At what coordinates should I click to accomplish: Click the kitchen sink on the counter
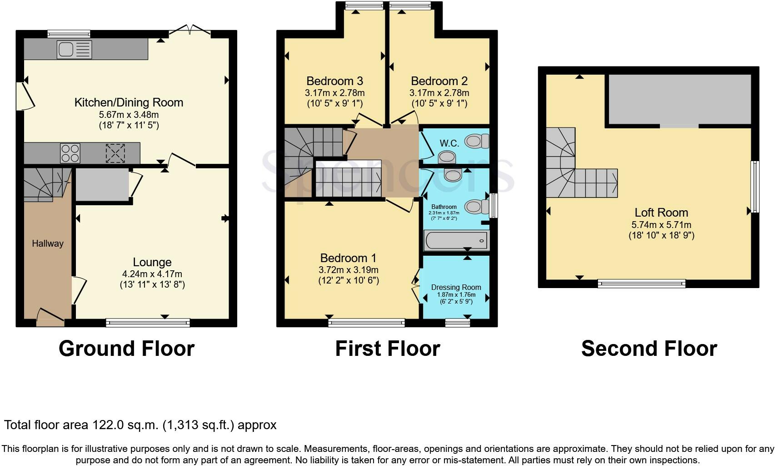[x=74, y=49]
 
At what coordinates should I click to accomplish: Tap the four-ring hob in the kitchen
[x=70, y=153]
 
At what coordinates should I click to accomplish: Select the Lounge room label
[x=152, y=262]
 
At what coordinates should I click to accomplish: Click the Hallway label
[x=47, y=243]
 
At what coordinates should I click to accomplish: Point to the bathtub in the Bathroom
[x=456, y=240]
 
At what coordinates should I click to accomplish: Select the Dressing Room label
[x=456, y=287]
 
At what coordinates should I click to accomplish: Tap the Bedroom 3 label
[x=334, y=81]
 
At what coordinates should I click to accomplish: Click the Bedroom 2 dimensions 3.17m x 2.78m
[x=439, y=93]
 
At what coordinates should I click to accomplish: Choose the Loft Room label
[x=661, y=213]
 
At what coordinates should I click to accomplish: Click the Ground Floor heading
[x=126, y=349]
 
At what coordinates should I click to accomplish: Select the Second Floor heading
[x=648, y=349]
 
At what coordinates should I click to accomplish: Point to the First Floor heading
[x=387, y=349]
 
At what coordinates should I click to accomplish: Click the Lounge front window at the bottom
[x=148, y=323]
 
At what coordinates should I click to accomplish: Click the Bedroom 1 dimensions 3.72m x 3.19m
[x=348, y=270]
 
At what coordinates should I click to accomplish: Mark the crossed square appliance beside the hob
[x=115, y=153]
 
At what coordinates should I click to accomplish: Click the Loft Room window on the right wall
[x=754, y=186]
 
